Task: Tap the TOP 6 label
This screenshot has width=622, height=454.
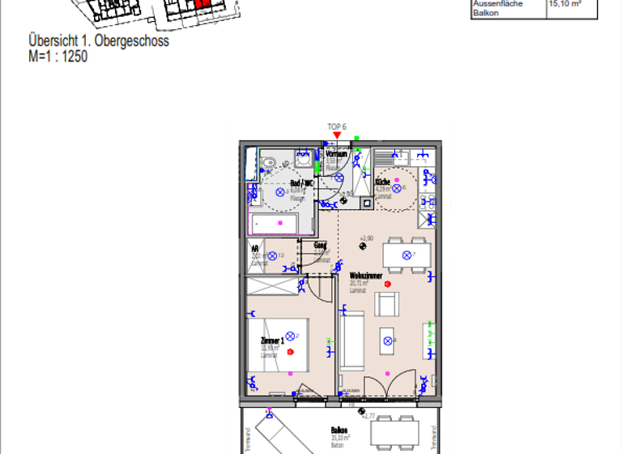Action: point(337,126)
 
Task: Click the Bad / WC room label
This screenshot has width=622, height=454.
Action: point(301,184)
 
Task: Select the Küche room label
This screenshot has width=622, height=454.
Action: point(382,182)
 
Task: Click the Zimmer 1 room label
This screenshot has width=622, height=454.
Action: point(271,341)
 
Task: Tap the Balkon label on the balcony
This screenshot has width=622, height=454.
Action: point(339,430)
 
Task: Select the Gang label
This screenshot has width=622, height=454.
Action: point(321,245)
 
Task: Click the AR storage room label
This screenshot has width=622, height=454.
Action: point(255,249)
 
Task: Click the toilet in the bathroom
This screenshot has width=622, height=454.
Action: point(267,163)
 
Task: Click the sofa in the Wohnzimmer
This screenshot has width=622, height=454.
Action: point(351,341)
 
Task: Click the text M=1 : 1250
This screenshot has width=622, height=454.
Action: point(58,57)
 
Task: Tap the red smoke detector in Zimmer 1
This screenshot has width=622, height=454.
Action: point(289,352)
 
